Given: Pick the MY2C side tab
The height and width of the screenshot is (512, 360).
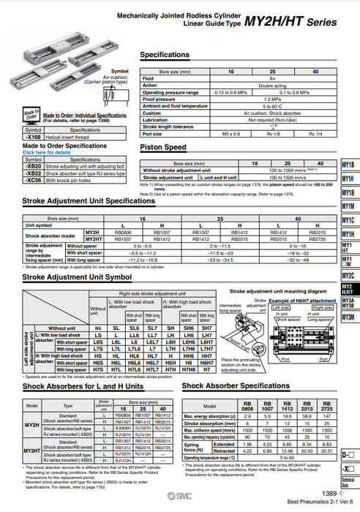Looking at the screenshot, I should (348, 275).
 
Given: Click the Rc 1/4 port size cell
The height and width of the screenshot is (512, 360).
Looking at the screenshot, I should (315, 133).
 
